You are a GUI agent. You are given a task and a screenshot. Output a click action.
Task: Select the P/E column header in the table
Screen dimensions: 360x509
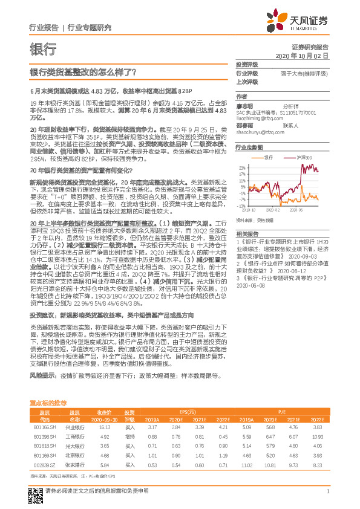(x=282, y=411)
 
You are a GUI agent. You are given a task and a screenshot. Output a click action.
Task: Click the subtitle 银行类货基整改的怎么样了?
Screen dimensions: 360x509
(x=83, y=71)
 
